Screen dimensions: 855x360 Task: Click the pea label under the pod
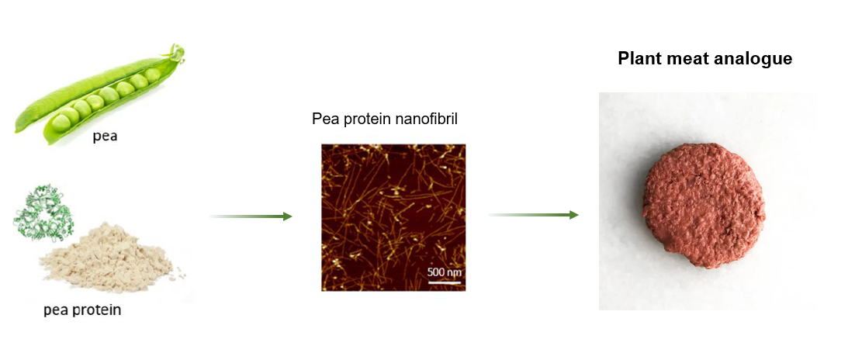coord(105,136)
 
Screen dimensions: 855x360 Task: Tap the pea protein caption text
coord(82,310)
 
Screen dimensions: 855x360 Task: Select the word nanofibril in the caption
coord(431,119)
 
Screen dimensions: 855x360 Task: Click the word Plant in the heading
coord(638,58)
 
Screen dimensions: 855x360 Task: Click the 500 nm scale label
coord(444,272)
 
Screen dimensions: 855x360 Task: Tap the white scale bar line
coord(445,282)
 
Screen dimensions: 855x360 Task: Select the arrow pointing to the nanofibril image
coord(251,216)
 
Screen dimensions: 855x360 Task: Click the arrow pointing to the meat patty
coord(533,215)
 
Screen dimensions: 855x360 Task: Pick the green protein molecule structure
coord(43,213)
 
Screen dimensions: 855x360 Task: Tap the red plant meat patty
coord(704,206)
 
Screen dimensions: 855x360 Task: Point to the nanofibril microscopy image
coord(393,217)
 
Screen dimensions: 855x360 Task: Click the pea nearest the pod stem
coord(152,74)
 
